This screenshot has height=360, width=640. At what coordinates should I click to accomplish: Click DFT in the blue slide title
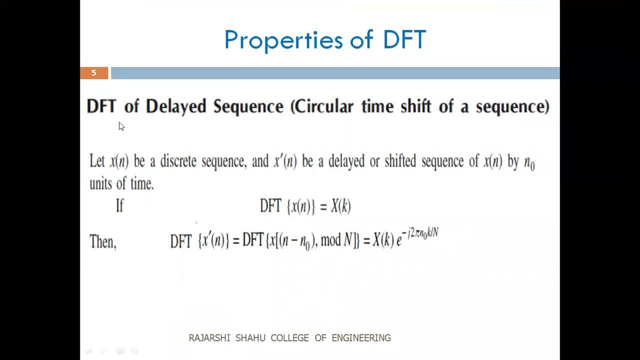404,40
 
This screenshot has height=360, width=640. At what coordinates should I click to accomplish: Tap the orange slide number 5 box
94,73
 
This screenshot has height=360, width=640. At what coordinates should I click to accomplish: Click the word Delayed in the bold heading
175,106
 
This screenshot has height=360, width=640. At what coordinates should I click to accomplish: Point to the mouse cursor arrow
121,126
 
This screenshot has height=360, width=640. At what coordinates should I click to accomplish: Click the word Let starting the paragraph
97,161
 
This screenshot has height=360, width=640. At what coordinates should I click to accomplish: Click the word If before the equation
119,205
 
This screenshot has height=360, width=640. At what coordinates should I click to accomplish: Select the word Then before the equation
102,242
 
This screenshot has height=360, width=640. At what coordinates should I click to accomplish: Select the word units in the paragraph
100,183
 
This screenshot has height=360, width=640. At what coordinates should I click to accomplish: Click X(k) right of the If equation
340,206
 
